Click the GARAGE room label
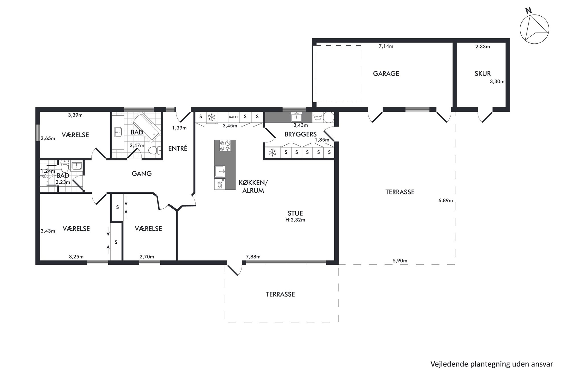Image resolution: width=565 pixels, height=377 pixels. (386, 74)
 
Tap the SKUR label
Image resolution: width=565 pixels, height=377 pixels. (483, 74)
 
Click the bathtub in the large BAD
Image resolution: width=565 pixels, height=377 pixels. (146, 127)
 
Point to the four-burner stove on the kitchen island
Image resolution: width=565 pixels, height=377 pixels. (225, 146)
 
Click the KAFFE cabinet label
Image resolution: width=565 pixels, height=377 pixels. (234, 117)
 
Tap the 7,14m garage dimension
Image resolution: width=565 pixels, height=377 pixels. (386, 46)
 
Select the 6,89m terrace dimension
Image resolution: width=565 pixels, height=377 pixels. (446, 200)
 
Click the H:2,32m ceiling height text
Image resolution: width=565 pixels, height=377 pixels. (296, 220)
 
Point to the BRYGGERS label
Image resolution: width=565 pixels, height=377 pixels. (300, 134)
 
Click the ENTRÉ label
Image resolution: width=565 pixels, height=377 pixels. (178, 148)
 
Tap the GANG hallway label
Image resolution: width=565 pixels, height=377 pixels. (142, 173)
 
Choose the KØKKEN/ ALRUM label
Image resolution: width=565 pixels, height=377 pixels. (253, 187)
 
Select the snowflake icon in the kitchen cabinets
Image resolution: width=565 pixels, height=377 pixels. (212, 117)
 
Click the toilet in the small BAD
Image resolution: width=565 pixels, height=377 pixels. (65, 165)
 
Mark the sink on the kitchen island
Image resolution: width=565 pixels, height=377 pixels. (220, 171)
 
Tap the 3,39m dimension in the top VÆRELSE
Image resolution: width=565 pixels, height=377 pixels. (75, 115)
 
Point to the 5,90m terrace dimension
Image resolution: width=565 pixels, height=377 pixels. (400, 260)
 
